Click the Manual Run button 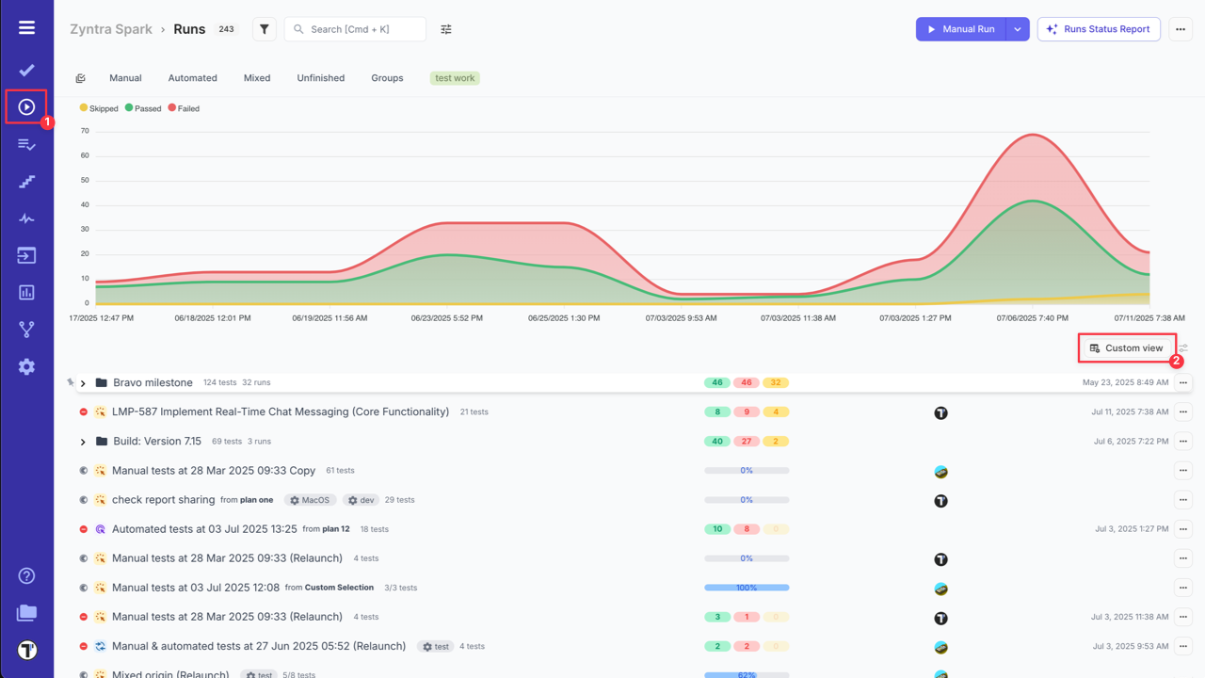click(x=961, y=29)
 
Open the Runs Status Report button click(x=1099, y=29)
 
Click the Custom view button click(x=1127, y=348)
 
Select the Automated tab click(x=192, y=78)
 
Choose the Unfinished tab click(x=320, y=78)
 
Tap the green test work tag click(x=455, y=78)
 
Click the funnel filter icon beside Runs click(x=265, y=29)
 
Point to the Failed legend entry click(x=185, y=108)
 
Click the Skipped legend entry click(x=100, y=108)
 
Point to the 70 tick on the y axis click(x=85, y=131)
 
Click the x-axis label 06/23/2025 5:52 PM click(x=446, y=318)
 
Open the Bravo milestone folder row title click(x=153, y=383)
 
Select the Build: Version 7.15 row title click(x=157, y=442)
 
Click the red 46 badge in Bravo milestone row click(x=747, y=383)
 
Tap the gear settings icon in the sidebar click(x=26, y=367)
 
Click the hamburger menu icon click(x=26, y=27)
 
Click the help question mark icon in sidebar click(x=26, y=576)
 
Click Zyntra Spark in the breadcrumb click(x=111, y=29)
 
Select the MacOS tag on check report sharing click(x=310, y=500)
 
